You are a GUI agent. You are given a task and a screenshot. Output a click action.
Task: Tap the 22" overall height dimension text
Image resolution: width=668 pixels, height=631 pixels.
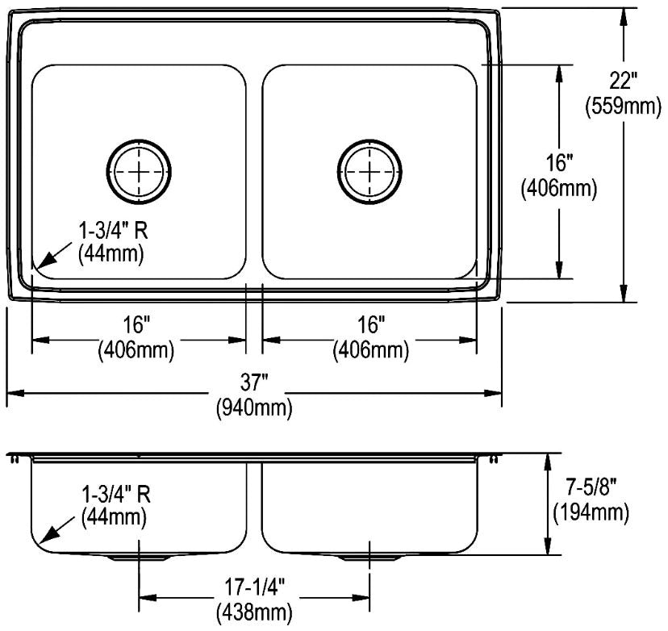(x=623, y=81)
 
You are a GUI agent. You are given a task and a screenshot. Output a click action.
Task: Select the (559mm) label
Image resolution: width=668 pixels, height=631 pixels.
(x=624, y=106)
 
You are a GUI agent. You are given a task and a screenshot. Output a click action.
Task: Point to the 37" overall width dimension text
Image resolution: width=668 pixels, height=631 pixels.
(x=254, y=382)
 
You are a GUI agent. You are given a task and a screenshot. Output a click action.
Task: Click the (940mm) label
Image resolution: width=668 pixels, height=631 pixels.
(x=254, y=407)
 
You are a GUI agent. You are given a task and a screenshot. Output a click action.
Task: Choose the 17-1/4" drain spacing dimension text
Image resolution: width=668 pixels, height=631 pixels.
(x=254, y=588)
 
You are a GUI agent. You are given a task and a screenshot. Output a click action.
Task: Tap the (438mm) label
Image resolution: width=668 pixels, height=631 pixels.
(x=254, y=612)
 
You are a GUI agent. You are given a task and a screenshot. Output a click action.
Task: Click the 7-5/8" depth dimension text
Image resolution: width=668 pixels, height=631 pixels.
(x=591, y=487)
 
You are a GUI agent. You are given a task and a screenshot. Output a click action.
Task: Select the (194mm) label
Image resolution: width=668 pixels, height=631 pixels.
(x=591, y=512)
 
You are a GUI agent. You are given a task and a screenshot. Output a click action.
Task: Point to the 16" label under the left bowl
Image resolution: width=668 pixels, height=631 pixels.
(x=137, y=324)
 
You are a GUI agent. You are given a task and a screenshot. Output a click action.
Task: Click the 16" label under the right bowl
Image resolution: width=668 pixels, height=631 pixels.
(x=371, y=324)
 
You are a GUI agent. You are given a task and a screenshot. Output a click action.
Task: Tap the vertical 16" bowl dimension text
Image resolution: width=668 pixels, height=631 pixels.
(x=559, y=163)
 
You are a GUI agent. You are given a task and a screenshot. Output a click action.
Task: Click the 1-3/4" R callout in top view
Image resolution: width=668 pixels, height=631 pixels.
(x=113, y=232)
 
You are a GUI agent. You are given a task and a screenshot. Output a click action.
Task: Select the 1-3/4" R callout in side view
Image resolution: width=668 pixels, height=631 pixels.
(x=116, y=495)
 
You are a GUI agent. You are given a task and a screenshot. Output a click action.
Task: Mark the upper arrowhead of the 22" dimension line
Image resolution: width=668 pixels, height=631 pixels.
(x=624, y=17)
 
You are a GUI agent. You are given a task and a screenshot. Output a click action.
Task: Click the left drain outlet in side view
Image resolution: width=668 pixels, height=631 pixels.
(x=139, y=558)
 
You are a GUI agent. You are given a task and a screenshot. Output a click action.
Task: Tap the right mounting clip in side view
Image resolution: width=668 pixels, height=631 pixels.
(x=495, y=459)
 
